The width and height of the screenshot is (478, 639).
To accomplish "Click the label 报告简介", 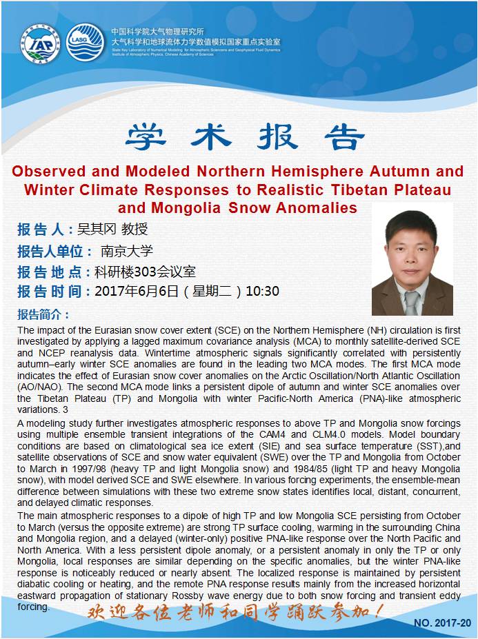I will coord(43,314).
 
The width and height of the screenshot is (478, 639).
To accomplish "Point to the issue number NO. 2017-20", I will coord(441,623).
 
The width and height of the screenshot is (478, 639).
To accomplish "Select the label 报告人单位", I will coord(54,251).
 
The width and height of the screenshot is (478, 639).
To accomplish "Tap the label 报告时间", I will coord(54,291).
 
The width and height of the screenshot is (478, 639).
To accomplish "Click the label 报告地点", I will coord(54,271).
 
